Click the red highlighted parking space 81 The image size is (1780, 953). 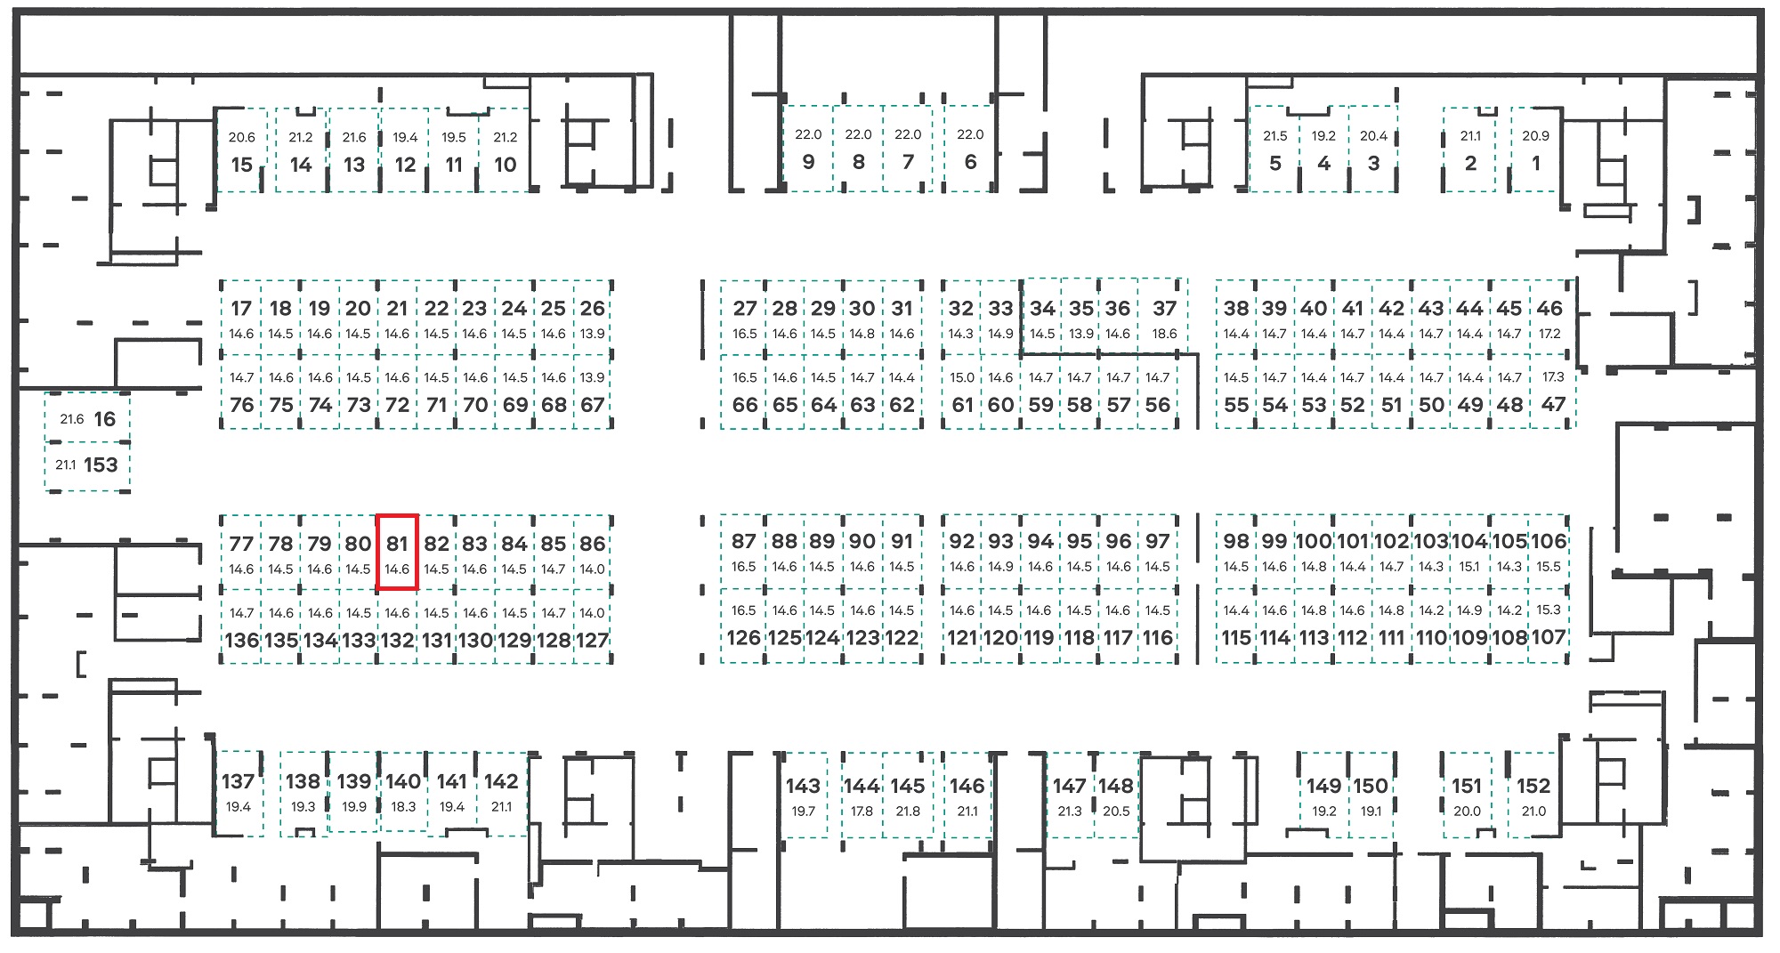(x=397, y=552)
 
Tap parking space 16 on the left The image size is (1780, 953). (x=87, y=418)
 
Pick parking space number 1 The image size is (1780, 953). (x=1535, y=149)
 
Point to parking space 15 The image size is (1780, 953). (x=241, y=149)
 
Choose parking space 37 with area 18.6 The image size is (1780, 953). (x=1162, y=316)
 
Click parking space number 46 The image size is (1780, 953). (x=1549, y=316)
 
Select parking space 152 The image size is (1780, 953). (x=1533, y=795)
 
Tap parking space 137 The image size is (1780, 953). (x=239, y=793)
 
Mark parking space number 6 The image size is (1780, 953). (x=969, y=149)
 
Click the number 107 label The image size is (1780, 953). (x=1549, y=638)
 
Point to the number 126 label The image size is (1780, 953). (x=743, y=638)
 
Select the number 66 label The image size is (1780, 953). (x=745, y=405)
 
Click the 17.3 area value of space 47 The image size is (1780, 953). (x=1552, y=377)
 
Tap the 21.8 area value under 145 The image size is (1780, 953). (x=908, y=812)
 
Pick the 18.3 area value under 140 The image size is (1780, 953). (x=403, y=807)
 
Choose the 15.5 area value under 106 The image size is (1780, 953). (x=1549, y=567)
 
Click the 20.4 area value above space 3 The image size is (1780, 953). (x=1373, y=136)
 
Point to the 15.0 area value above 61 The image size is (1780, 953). (x=962, y=377)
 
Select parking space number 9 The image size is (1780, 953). (x=808, y=149)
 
